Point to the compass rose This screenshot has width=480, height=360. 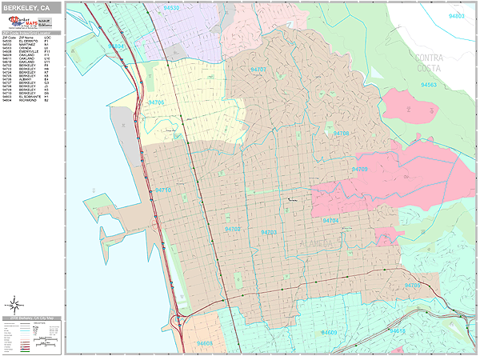14,304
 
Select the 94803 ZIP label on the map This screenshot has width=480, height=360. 457,15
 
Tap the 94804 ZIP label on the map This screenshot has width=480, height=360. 117,46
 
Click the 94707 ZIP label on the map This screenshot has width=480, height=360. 258,70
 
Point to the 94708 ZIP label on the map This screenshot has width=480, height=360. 342,133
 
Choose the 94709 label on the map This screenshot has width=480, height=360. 360,169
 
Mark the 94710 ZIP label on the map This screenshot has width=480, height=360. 163,190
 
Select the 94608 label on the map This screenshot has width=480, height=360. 205,344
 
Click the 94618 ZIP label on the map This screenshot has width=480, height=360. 398,331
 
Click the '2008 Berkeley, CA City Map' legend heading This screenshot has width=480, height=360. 31,318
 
